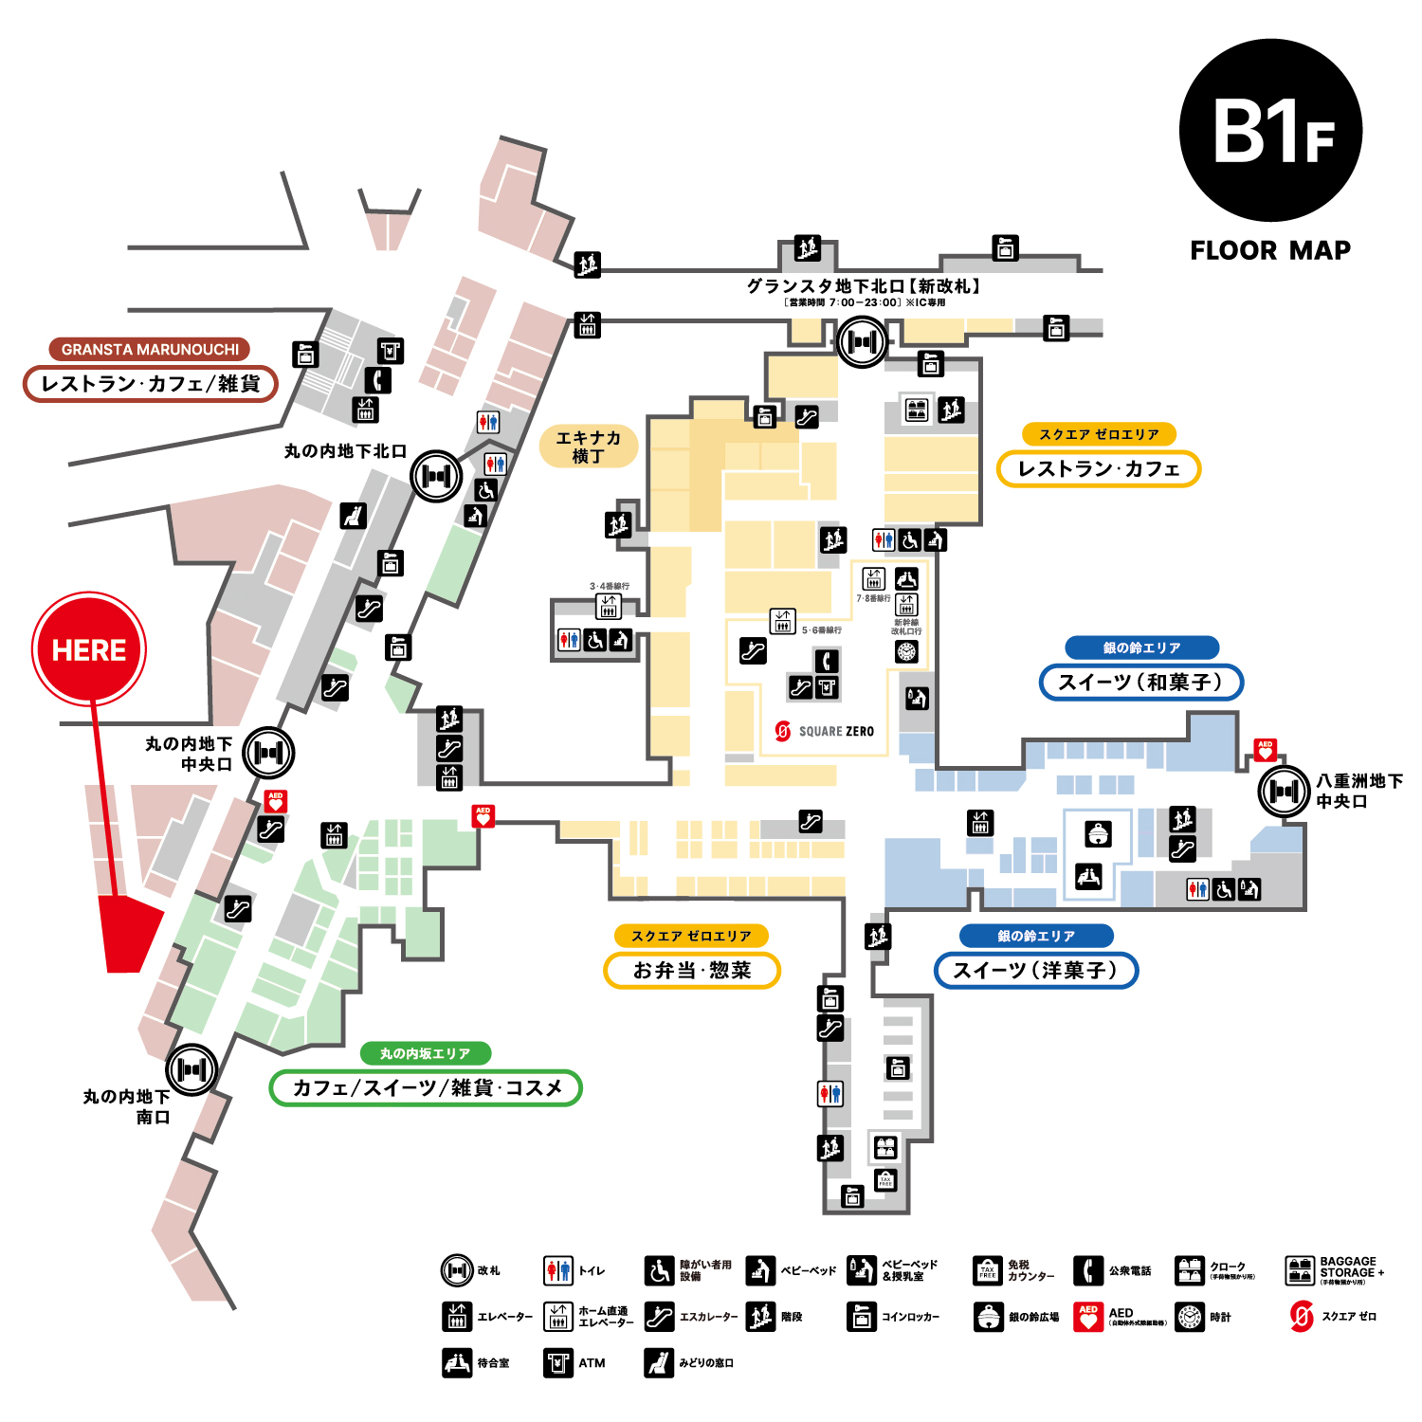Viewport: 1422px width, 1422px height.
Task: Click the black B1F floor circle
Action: coord(1270,131)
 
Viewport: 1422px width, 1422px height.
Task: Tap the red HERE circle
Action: coord(89,649)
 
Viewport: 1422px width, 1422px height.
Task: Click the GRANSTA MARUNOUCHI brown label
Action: coord(150,349)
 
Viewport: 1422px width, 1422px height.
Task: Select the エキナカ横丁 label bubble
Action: coord(588,447)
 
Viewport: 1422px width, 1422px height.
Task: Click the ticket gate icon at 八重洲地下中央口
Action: coord(1284,791)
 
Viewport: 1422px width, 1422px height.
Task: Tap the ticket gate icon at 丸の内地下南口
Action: coord(192,1069)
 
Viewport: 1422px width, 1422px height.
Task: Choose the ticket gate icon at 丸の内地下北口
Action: coord(436,476)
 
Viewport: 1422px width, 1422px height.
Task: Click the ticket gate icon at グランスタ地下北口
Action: coord(862,341)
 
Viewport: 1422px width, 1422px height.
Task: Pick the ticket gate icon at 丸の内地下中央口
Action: coord(269,753)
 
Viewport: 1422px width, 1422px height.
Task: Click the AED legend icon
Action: coord(1088,1317)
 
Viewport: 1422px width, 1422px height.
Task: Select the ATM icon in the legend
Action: coord(558,1363)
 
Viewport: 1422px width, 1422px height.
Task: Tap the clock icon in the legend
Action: coord(1190,1317)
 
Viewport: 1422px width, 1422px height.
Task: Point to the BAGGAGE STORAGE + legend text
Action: coord(1351,1268)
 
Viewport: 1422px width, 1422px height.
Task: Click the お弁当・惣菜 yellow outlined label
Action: coord(692,970)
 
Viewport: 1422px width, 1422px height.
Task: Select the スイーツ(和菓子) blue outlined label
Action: coord(1140,682)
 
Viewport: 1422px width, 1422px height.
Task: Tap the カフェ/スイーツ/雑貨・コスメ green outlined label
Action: coord(426,1087)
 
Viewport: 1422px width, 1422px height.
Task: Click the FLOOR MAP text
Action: coord(1270,250)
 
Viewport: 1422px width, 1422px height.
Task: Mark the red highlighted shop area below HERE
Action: coord(128,934)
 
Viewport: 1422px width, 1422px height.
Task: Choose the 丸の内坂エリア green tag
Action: coord(426,1053)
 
